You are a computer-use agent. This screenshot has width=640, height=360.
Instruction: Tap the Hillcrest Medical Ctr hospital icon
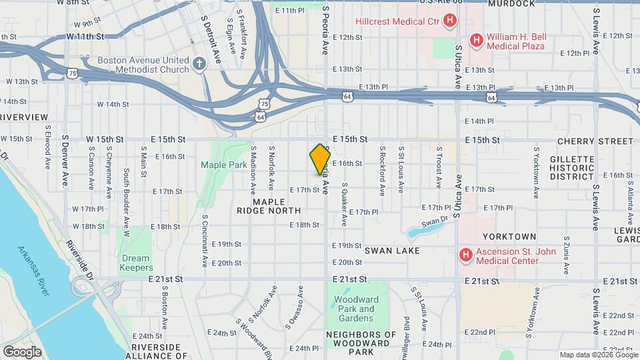click(x=451, y=21)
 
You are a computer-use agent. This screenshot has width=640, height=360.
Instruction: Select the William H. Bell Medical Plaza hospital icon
click(x=477, y=41)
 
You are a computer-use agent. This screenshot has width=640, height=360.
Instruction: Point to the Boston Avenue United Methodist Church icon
click(x=199, y=65)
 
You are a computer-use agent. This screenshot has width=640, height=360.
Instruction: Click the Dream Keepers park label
click(x=136, y=263)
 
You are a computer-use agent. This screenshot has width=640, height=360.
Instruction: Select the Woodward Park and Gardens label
click(x=357, y=304)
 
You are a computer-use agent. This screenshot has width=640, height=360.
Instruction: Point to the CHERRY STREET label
click(x=595, y=141)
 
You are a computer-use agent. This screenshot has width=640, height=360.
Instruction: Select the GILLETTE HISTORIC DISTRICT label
click(x=571, y=168)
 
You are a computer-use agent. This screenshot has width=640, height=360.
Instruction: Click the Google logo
click(x=22, y=351)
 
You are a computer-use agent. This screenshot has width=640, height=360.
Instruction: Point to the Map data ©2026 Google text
click(x=597, y=355)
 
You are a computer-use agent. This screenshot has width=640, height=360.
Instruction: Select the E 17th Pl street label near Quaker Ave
click(x=363, y=212)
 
